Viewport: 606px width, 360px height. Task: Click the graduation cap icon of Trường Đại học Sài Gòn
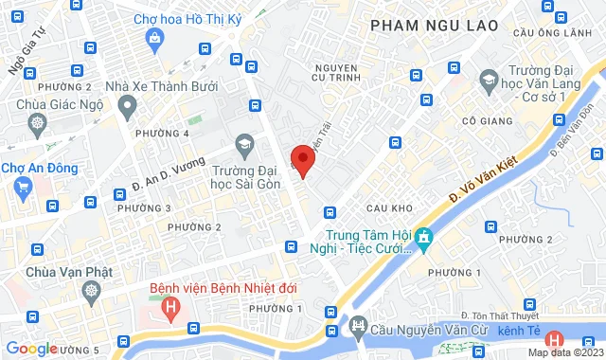point(245,144)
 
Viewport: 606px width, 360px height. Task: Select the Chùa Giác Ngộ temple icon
point(37,123)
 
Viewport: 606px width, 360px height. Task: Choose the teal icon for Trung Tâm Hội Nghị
point(424,237)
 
